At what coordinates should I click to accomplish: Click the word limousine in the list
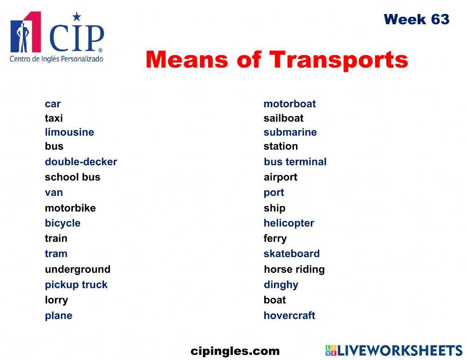tap(69, 132)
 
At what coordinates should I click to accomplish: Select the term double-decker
tap(81, 162)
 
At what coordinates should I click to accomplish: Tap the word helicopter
tap(288, 223)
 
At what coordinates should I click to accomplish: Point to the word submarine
tap(290, 132)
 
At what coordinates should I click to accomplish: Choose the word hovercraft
tap(289, 316)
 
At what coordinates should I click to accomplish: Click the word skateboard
tap(291, 254)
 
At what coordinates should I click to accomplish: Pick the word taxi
tap(54, 118)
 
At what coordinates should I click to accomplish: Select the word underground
tap(77, 270)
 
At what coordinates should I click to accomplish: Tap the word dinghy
tap(281, 285)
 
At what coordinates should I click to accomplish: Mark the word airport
tap(280, 177)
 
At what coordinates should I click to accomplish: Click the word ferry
tap(275, 239)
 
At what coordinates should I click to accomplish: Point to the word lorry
tap(56, 300)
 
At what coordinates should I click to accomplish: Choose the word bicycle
tap(62, 223)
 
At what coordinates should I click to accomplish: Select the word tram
tap(56, 254)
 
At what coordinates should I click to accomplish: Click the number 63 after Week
tap(440, 20)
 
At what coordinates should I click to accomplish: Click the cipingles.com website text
tap(235, 351)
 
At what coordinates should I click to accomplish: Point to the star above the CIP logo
tap(76, 17)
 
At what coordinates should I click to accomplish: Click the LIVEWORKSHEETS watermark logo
tap(393, 351)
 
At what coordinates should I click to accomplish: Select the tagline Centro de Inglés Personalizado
tap(56, 59)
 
